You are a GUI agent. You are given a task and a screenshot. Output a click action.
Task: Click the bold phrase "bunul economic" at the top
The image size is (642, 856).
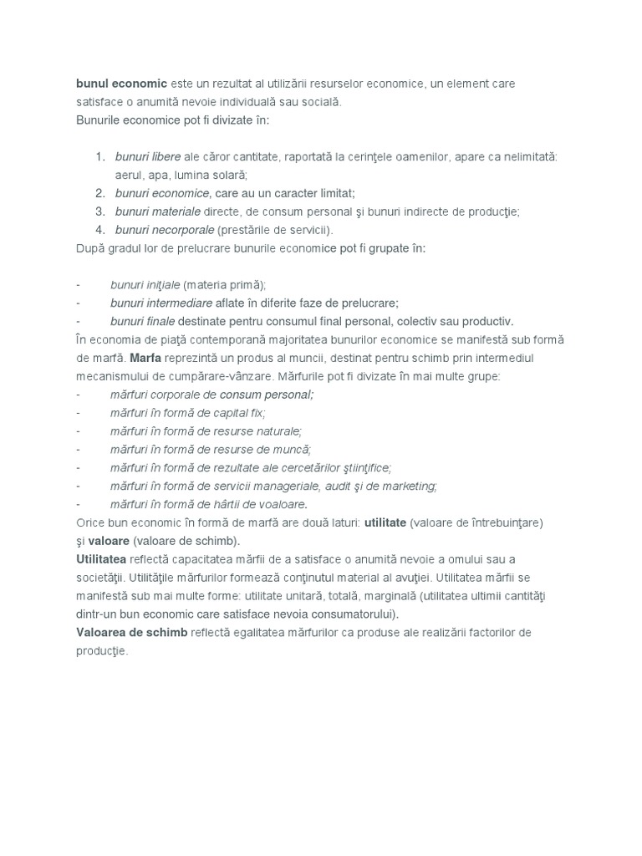tap(121, 84)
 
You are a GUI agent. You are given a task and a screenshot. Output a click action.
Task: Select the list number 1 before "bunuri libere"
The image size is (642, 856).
tap(99, 156)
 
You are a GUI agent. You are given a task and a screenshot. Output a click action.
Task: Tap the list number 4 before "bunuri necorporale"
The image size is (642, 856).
tap(99, 230)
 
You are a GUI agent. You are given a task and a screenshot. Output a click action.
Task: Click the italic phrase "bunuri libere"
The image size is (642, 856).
tap(148, 156)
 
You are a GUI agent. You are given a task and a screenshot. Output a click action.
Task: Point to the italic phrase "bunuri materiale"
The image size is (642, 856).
tap(158, 211)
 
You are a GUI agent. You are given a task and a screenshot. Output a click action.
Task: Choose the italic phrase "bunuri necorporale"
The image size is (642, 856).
tap(165, 230)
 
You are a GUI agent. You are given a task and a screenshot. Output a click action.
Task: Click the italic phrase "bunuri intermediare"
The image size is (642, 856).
tap(161, 303)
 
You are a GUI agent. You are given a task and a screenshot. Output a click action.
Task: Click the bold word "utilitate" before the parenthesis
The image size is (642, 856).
tap(385, 522)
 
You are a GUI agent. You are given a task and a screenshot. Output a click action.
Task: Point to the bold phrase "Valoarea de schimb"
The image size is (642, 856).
tap(131, 632)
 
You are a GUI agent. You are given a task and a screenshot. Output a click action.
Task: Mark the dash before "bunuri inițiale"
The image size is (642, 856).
tap(78, 285)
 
